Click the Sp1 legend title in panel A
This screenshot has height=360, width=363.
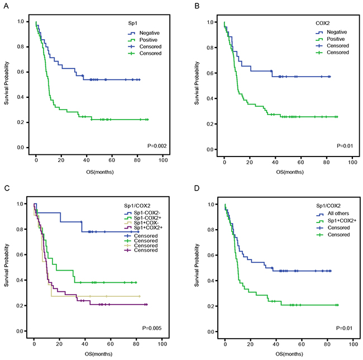point(131,23)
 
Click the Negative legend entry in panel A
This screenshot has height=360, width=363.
point(147,33)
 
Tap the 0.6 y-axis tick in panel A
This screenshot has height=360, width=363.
point(20,72)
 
